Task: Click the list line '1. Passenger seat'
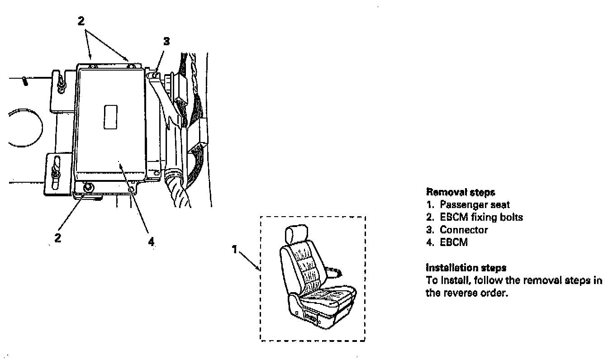[468, 205]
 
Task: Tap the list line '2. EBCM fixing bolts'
[475, 218]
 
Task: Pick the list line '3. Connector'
[457, 230]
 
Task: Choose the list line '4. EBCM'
[447, 242]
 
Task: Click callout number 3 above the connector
[166, 42]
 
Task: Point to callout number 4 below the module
[151, 242]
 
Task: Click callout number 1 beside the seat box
[234, 249]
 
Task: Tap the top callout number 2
[81, 21]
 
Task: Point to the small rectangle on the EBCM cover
[111, 117]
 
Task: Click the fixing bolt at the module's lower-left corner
[88, 187]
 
